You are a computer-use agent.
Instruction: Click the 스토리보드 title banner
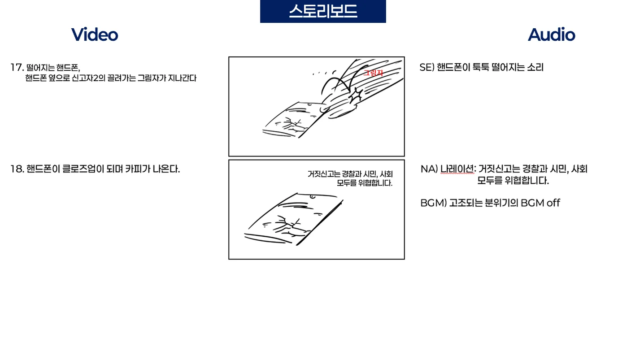point(323,11)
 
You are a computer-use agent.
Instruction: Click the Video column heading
point(95,35)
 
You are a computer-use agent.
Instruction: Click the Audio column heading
point(551,35)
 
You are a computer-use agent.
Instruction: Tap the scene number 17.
point(17,67)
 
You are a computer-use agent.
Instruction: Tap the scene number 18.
point(17,169)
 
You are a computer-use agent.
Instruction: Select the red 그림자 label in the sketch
point(374,73)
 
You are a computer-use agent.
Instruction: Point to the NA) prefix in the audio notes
point(429,169)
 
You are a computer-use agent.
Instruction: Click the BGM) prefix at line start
point(434,203)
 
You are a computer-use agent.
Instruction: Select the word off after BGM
point(553,203)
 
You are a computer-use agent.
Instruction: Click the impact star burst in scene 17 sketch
point(357,95)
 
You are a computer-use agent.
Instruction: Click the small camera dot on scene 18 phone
point(312,196)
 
